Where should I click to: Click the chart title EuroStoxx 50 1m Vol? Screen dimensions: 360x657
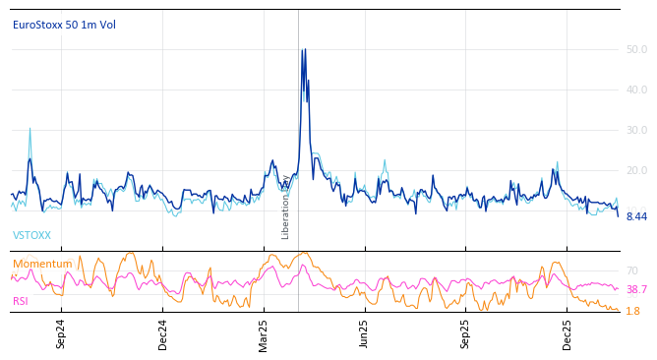[x=64, y=25]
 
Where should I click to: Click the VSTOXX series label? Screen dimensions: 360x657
[x=31, y=236]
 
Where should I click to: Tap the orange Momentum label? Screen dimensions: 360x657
[x=42, y=264]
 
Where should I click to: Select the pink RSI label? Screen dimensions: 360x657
[x=21, y=301]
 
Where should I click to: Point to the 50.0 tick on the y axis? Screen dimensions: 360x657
[x=636, y=49]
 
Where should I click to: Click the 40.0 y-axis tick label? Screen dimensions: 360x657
[x=636, y=90]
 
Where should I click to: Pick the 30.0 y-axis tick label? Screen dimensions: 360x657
[x=636, y=130]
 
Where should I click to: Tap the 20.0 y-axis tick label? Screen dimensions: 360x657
[x=636, y=171]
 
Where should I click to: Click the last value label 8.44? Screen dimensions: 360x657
[x=636, y=216]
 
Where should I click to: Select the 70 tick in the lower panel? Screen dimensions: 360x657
[x=632, y=270]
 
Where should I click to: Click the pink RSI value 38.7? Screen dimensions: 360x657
[x=636, y=290]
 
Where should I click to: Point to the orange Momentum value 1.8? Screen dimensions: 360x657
[x=632, y=311]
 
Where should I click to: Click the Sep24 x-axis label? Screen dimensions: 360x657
[x=61, y=333]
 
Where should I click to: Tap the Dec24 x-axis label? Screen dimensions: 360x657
[x=163, y=333]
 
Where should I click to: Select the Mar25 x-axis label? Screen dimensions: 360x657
[x=264, y=333]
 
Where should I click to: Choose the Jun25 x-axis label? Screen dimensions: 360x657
[x=364, y=333]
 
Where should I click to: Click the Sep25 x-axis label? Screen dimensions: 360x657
[x=465, y=333]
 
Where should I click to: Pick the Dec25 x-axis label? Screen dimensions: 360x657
[x=567, y=333]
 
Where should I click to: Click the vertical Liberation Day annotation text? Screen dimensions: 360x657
[x=286, y=207]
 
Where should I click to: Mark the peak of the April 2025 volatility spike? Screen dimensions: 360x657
[x=303, y=49]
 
